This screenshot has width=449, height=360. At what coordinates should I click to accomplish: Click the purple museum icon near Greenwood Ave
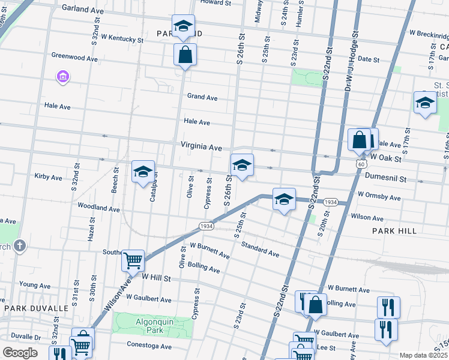tap(63, 77)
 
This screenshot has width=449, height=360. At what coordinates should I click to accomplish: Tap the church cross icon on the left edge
tap(20, 245)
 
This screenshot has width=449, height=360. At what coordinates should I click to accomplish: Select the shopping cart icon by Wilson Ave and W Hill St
tap(133, 260)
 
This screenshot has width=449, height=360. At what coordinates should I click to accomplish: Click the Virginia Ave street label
tap(202, 146)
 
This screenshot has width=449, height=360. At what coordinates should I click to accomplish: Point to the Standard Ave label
tap(260, 249)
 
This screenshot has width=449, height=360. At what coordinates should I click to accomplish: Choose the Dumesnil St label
tap(385, 179)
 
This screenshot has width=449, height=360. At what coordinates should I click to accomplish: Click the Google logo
tap(20, 352)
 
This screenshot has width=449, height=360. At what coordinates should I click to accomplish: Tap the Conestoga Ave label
tap(149, 346)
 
